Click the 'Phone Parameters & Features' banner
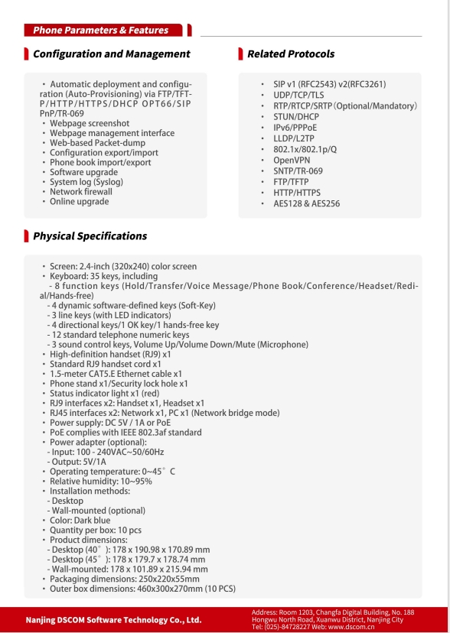click(100, 31)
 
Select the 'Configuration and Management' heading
click(111, 54)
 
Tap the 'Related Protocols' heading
click(290, 54)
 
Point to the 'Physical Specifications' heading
click(90, 236)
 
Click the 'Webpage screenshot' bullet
click(90, 123)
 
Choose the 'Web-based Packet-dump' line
click(97, 143)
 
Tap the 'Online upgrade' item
click(80, 202)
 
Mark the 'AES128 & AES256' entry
click(306, 204)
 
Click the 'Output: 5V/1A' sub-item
click(79, 462)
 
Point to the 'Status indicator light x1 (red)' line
click(111, 393)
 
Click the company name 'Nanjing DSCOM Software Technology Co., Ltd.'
click(114, 620)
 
